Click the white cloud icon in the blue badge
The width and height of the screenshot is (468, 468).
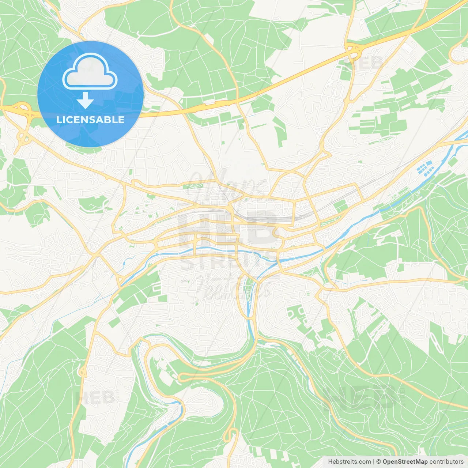click(90, 71)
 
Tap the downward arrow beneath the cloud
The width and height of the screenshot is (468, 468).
click(85, 101)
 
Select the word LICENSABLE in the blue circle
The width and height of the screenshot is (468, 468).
click(90, 120)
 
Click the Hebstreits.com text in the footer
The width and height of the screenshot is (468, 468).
click(349, 462)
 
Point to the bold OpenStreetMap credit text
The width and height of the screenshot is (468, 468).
click(405, 462)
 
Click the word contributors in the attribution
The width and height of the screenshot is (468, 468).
click(446, 462)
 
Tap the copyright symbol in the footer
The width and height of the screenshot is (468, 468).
click(378, 462)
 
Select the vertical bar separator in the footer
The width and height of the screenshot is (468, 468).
click(373, 462)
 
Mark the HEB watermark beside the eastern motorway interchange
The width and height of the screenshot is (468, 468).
click(367, 63)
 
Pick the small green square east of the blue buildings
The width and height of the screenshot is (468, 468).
click(453, 161)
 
